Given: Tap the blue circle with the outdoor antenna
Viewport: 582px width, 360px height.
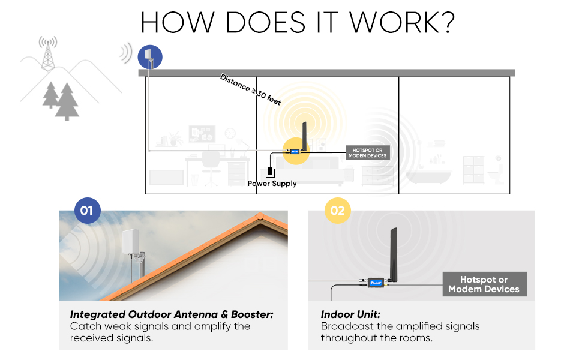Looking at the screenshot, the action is point(149,57).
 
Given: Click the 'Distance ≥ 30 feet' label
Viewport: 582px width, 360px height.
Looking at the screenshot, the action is point(250,89).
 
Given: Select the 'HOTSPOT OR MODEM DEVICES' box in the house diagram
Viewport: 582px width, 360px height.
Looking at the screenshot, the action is point(367,152).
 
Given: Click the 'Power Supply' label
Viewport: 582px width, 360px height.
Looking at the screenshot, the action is point(272,184).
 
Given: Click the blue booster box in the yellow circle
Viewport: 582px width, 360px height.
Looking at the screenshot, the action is point(295,151).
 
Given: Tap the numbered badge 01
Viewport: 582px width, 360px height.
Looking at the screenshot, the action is point(86,211).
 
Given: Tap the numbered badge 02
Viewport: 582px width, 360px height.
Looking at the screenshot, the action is point(337,211).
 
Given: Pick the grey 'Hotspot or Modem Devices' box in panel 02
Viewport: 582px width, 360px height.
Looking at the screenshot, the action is point(484,284).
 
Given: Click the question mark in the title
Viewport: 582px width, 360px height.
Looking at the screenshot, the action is point(445,22).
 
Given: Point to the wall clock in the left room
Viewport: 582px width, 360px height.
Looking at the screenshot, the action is point(229,133).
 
